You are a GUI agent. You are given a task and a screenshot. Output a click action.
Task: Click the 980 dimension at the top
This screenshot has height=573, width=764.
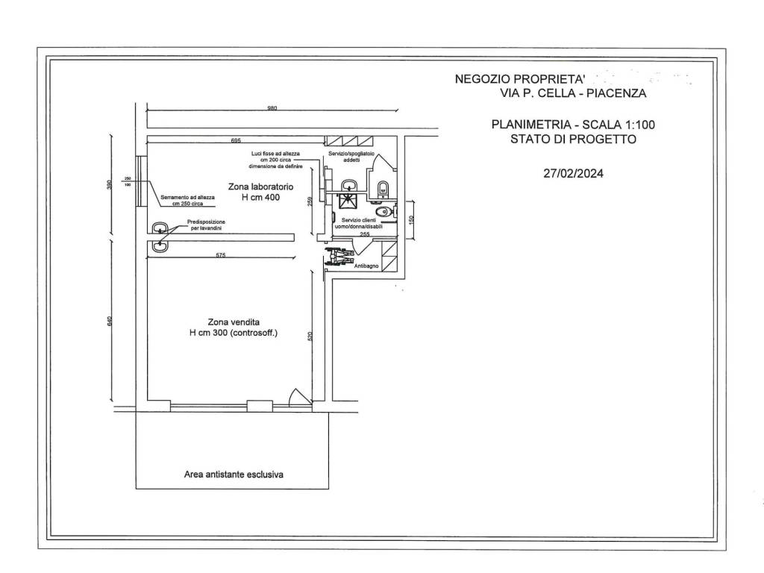(272, 109)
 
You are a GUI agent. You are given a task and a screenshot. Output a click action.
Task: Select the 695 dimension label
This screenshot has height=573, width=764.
(236, 140)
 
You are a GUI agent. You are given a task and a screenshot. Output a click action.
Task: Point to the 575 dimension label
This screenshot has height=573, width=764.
(222, 255)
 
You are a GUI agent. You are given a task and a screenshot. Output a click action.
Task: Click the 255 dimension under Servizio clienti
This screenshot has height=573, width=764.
(365, 235)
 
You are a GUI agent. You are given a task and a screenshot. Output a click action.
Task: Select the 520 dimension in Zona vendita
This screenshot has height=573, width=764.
(310, 336)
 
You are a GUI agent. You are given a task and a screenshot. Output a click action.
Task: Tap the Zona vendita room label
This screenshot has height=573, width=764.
(233, 328)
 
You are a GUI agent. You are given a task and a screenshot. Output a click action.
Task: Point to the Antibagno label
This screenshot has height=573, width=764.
(365, 265)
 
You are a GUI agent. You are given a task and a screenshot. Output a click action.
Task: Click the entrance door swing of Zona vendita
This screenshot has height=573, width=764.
(297, 396)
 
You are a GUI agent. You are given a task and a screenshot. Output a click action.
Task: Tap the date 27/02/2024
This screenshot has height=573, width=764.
(573, 174)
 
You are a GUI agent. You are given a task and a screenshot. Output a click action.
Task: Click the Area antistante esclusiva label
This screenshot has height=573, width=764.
(235, 474)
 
